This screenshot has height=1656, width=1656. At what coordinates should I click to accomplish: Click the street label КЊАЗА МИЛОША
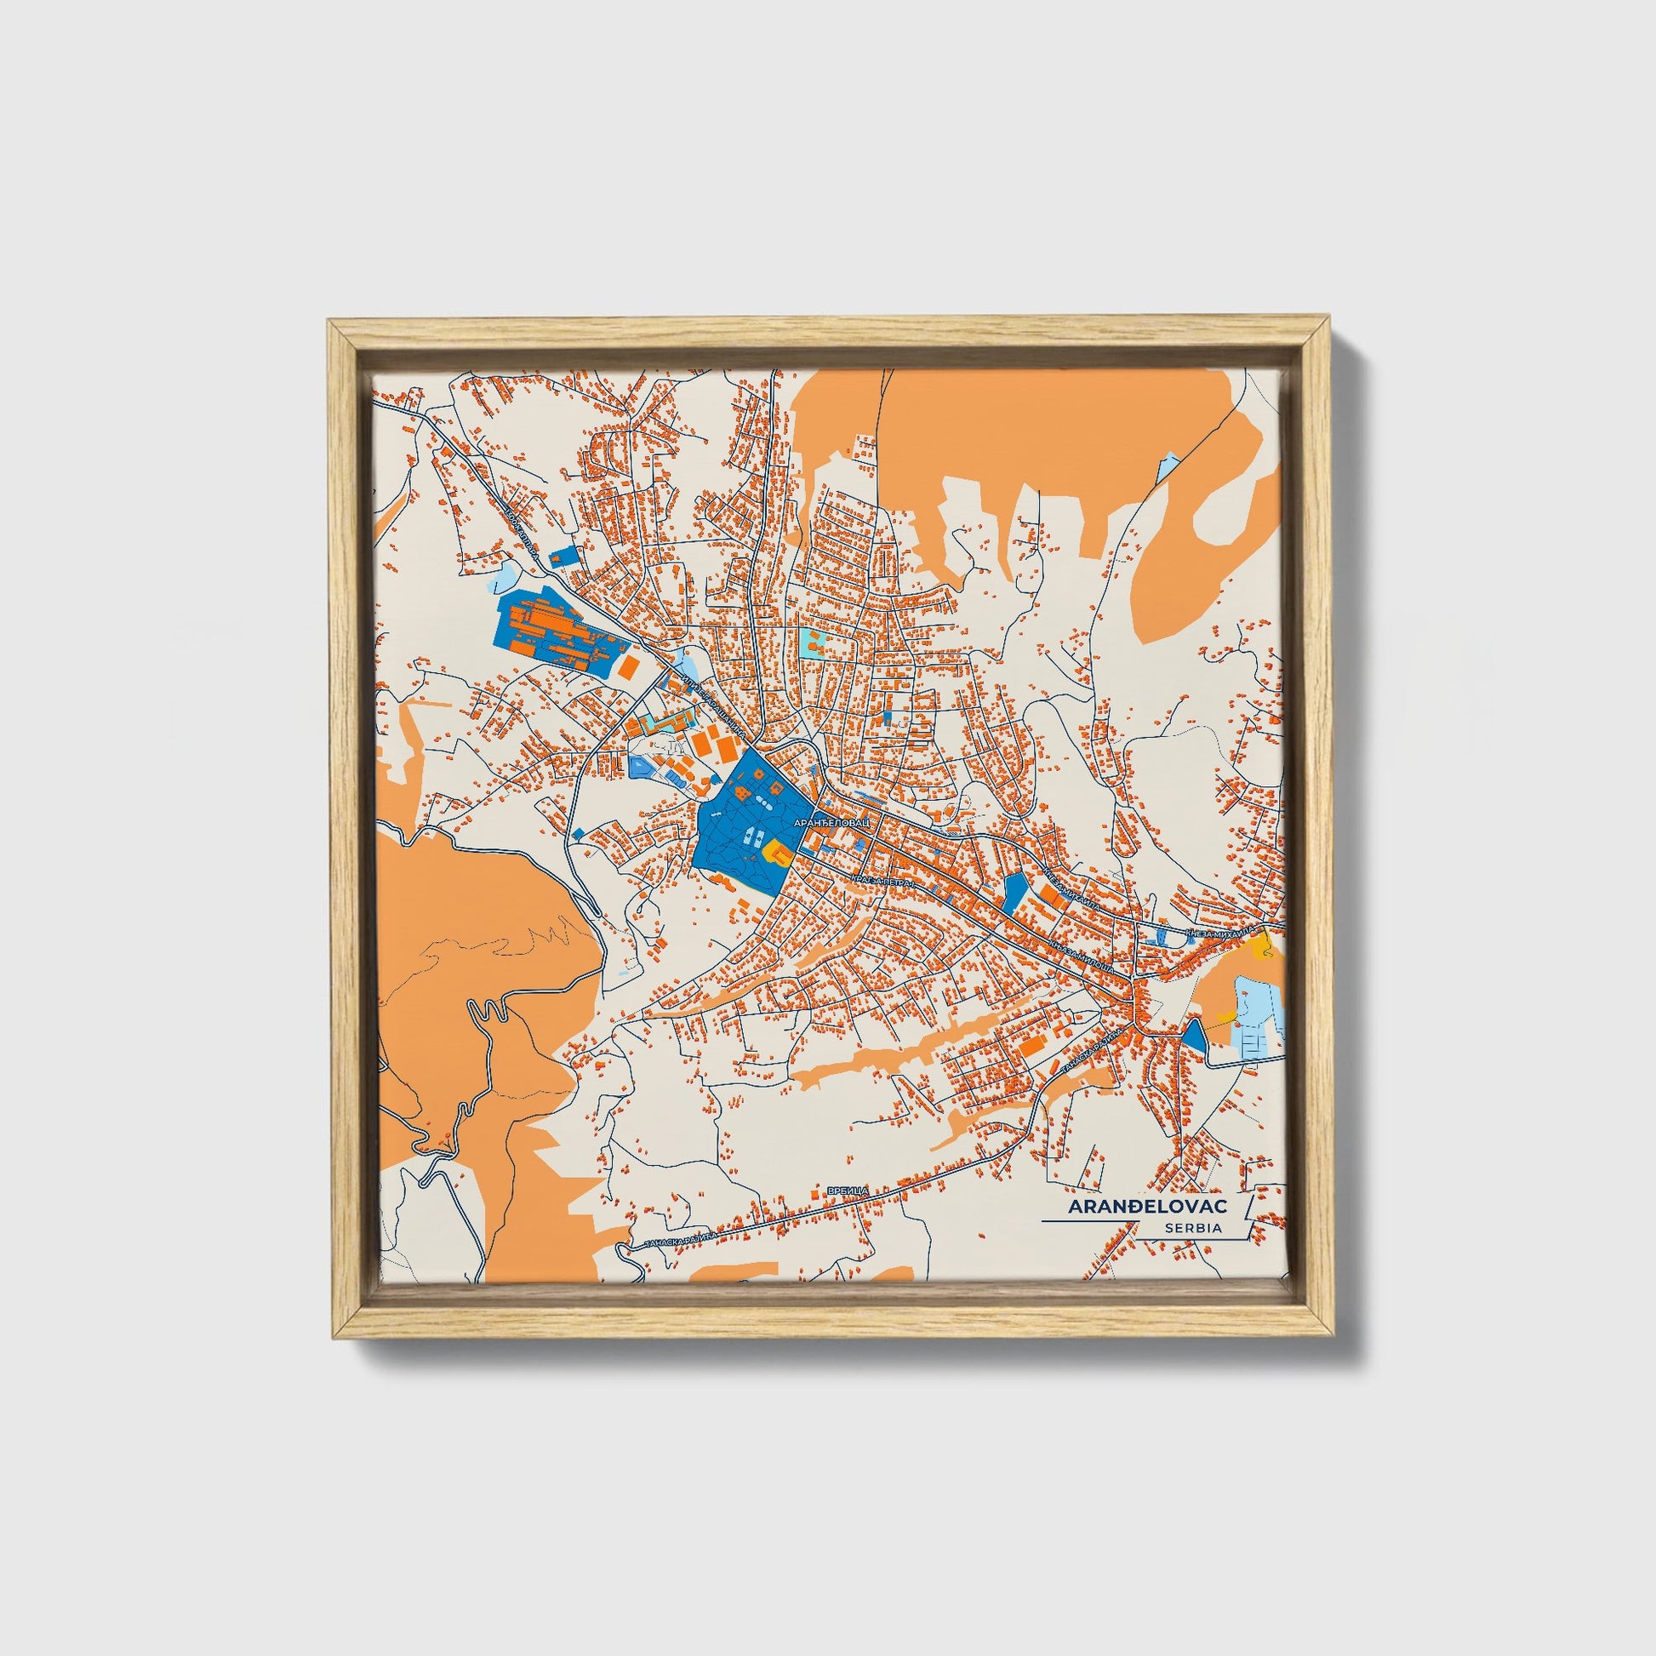coord(1082,951)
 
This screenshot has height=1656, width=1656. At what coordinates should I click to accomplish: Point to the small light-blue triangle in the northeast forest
coord(1168,468)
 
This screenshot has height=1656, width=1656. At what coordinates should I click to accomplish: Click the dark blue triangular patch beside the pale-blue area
coord(1192,1036)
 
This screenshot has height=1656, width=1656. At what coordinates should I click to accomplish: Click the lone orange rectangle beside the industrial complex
coord(628,668)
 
